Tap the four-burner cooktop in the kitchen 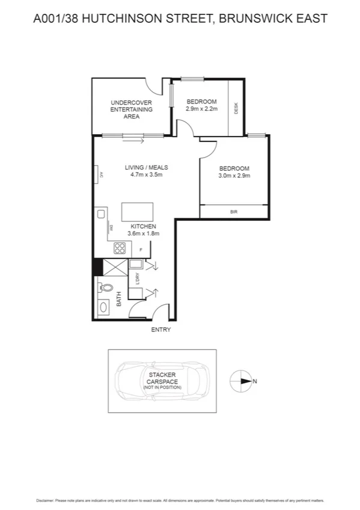coord(119,247)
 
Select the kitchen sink coord(101,214)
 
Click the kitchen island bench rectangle coord(137,212)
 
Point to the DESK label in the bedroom coord(236,109)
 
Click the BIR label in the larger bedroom coord(234,212)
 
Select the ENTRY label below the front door coord(161,330)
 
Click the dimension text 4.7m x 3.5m coord(146,175)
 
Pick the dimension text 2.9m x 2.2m coord(201,109)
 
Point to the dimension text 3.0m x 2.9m coord(234,176)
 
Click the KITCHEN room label coord(142,226)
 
